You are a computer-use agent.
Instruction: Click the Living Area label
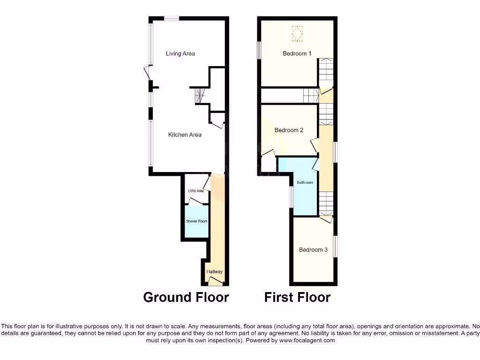180,53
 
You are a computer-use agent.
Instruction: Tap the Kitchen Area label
185,135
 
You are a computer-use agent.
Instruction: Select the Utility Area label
195,191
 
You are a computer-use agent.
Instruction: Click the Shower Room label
196,221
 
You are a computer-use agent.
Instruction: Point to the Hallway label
214,272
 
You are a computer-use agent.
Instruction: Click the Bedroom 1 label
297,53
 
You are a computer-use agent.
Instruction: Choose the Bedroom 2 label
289,130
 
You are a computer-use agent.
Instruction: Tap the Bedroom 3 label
313,249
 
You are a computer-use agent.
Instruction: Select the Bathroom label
305,182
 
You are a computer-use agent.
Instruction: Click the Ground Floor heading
186,297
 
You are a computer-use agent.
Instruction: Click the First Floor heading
297,297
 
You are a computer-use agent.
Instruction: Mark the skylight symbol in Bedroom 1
295,33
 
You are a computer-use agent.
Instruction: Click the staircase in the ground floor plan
200,96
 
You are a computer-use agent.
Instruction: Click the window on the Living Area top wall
172,18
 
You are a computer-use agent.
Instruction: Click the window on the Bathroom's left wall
291,196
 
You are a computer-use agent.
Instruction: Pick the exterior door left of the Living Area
147,72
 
